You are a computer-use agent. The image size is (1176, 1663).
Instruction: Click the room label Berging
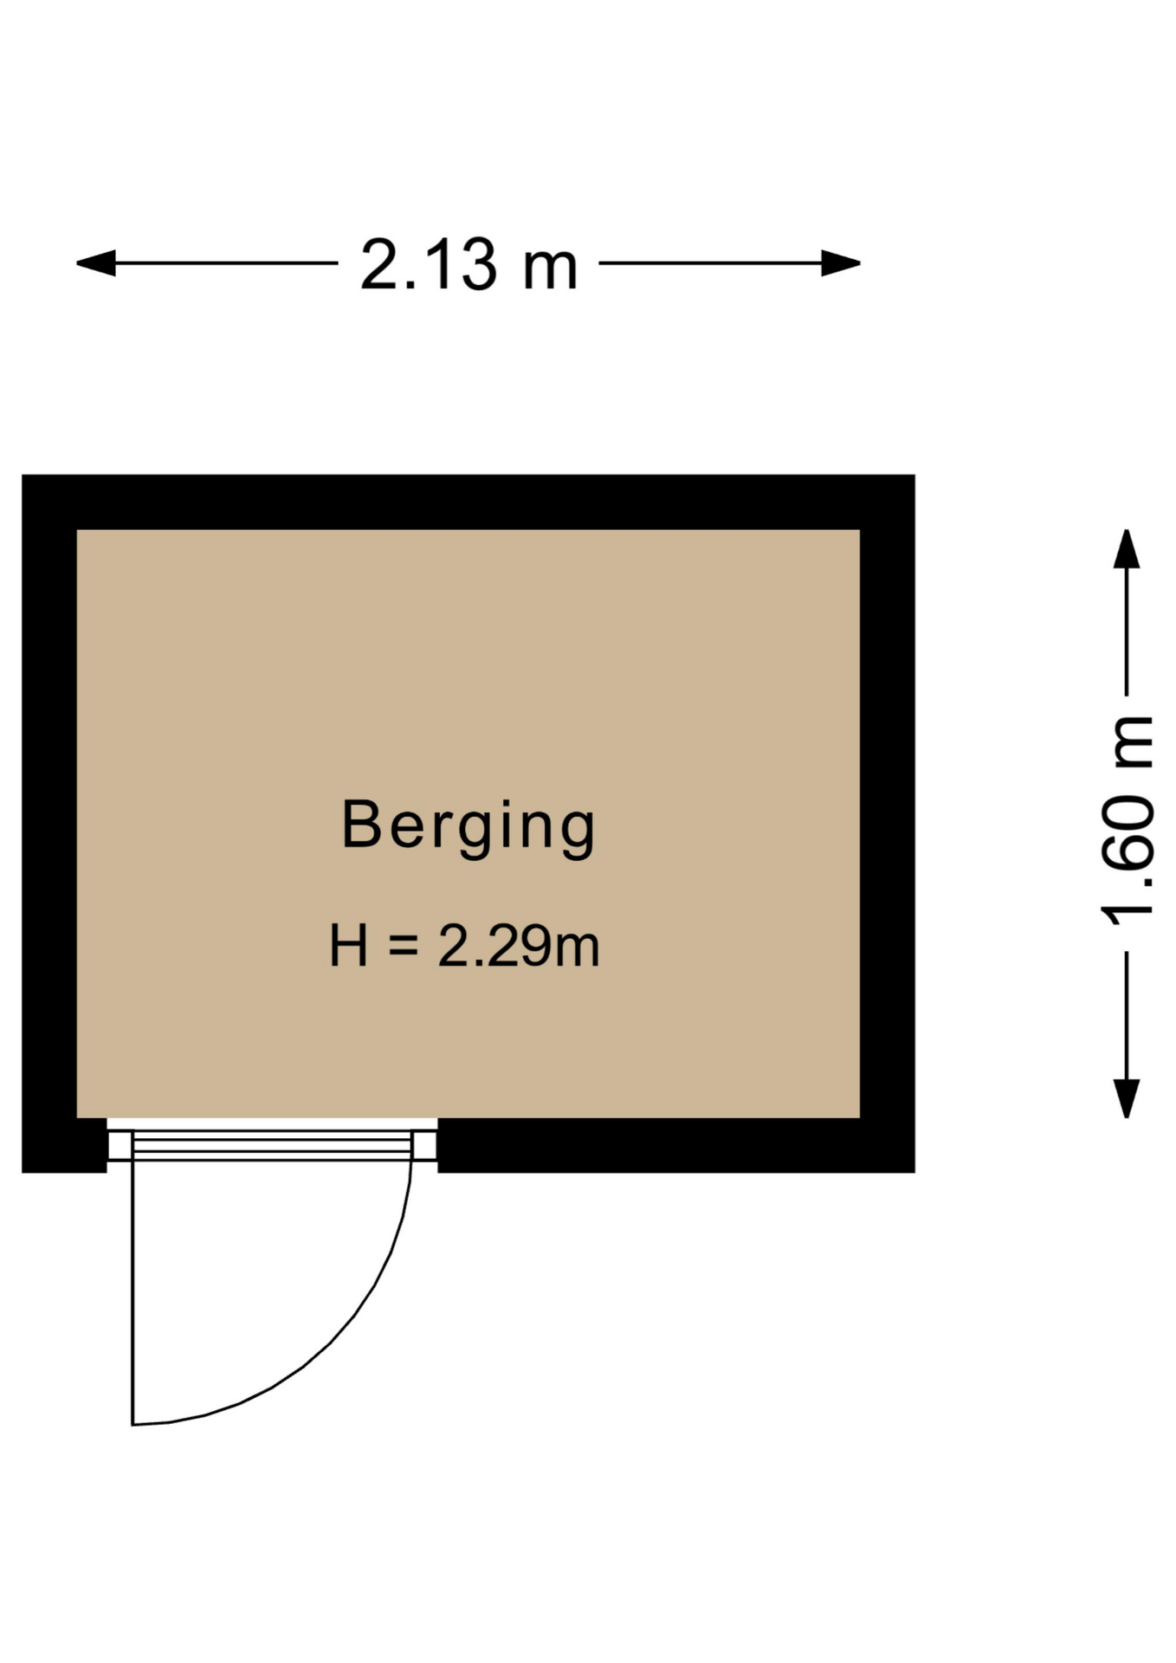coord(468,826)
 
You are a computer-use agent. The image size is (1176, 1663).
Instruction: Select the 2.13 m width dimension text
coord(468,264)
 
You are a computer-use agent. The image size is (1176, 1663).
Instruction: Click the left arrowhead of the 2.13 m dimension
coord(96,263)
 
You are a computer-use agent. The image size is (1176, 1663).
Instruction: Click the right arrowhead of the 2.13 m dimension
coord(841,263)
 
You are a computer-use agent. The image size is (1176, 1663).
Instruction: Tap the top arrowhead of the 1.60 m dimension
coord(1126,549)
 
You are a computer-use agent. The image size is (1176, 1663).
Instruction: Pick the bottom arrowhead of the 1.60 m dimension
coord(1126,1099)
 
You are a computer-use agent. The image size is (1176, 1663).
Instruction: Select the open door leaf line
coord(132,1292)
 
